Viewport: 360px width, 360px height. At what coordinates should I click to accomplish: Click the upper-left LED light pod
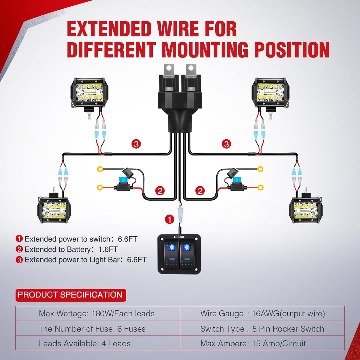pos(89,93)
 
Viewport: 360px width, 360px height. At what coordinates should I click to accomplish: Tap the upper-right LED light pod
pos(270,93)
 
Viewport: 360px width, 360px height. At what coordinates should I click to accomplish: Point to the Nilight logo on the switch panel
pos(179,237)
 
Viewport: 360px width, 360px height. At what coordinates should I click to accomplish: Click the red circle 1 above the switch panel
pos(169,219)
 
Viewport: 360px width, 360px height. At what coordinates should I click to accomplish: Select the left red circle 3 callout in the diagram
pos(136,144)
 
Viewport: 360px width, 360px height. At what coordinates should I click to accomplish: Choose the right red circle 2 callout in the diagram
pos(200,191)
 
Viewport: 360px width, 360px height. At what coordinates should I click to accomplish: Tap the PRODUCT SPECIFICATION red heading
pos(70,295)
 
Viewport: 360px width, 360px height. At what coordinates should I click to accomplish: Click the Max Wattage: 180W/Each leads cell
pos(97,314)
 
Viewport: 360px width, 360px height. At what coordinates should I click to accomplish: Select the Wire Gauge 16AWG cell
pos(262,314)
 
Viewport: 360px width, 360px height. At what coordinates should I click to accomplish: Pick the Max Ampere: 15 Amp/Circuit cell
pos(253,344)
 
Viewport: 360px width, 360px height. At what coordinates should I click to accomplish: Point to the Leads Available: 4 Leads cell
pos(85,344)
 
